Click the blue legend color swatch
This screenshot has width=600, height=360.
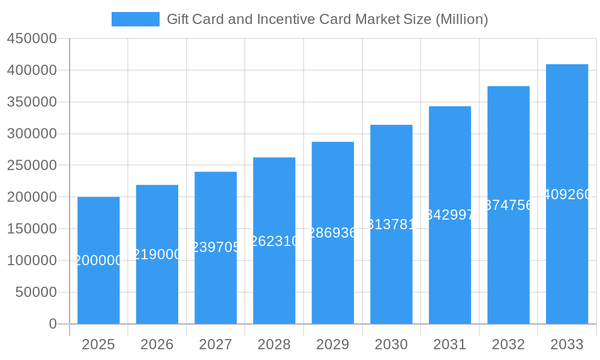135,19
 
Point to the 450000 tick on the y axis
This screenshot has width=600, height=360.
32,39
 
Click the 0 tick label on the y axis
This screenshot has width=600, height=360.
53,324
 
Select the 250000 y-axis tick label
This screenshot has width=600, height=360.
32,166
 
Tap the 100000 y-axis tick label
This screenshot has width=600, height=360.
32,260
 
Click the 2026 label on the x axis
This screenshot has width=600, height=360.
157,344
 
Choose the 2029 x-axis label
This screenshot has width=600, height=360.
332,344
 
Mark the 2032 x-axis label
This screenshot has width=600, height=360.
508,344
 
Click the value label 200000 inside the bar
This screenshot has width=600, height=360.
98,260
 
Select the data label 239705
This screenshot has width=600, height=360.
215,247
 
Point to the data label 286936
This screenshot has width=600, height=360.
332,233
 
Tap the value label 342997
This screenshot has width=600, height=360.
450,215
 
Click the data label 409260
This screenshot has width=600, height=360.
567,194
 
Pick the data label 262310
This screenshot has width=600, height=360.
274,241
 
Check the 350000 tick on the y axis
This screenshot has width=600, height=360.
32,102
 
